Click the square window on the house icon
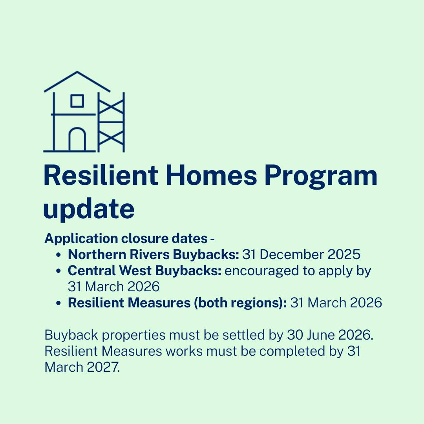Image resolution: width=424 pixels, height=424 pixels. (77, 101)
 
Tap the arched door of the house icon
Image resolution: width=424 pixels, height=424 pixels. (77, 139)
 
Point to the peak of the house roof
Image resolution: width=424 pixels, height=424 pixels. (77, 72)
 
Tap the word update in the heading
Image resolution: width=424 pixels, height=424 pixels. (89, 209)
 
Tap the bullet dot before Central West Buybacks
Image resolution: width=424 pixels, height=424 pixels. (58, 271)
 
